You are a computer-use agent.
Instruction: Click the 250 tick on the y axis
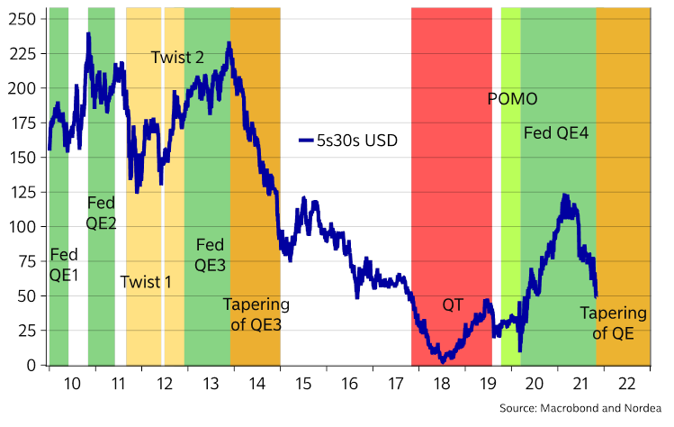tap(22, 19)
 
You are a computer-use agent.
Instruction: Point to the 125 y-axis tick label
tap(22, 192)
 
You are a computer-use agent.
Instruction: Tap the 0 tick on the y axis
tap(31, 365)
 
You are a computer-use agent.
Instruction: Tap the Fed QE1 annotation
tap(65, 263)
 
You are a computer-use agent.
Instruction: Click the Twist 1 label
tap(146, 281)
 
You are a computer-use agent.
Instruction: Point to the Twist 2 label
tap(176, 58)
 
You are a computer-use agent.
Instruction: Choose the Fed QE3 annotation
tap(211, 254)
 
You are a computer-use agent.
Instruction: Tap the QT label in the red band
tap(453, 304)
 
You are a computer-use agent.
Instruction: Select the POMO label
tap(512, 99)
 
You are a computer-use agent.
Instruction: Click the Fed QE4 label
tap(556, 133)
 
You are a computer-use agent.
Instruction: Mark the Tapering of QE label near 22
tap(613, 323)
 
